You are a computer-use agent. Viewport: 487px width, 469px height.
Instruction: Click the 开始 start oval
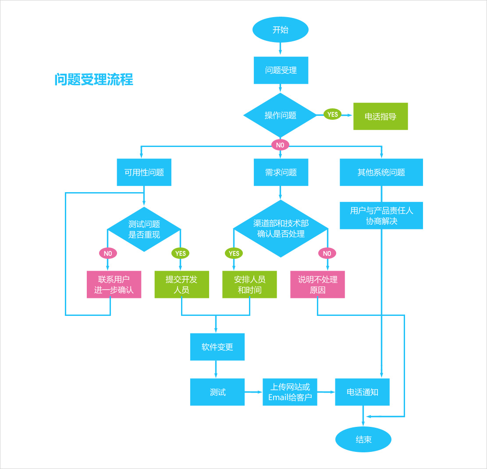[x=281, y=30]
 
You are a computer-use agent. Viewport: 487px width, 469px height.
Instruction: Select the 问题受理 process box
[x=281, y=70]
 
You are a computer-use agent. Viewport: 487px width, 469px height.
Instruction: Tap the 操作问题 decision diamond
[x=280, y=115]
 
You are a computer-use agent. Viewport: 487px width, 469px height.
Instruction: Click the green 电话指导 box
[x=380, y=116]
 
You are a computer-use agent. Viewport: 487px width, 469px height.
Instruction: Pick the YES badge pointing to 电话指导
[x=333, y=115]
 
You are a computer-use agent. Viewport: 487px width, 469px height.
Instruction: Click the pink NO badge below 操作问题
[x=280, y=145]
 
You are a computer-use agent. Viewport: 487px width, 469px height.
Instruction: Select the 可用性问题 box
[x=144, y=172]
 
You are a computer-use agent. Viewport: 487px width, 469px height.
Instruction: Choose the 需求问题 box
[x=281, y=172]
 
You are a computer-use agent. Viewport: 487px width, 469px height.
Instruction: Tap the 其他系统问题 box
[x=381, y=172]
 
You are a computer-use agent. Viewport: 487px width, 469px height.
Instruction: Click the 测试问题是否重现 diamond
[x=144, y=229]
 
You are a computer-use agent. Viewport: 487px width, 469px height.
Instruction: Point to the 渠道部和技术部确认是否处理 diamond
[x=281, y=229]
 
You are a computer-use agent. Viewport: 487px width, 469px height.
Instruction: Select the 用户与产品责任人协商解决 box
[x=381, y=215]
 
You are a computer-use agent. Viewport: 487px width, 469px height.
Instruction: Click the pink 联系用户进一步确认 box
[x=114, y=285]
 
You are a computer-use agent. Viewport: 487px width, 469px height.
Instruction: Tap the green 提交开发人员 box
[x=181, y=285]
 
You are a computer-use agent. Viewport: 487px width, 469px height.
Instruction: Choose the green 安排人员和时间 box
[x=249, y=285]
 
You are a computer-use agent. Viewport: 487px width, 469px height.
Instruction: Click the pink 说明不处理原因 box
[x=318, y=285]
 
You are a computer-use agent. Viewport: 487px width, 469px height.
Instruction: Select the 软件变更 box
[x=217, y=347]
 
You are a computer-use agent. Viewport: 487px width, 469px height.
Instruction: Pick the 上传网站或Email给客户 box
[x=290, y=392]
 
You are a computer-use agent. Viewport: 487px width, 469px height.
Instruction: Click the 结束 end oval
[x=363, y=439]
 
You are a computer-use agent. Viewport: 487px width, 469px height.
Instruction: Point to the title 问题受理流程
[x=94, y=79]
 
